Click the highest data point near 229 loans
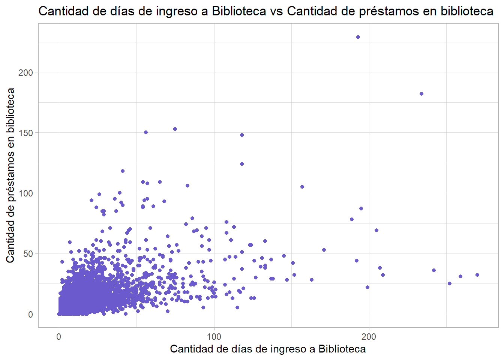click(x=358, y=37)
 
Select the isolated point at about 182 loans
click(x=421, y=94)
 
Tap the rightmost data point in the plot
click(x=477, y=275)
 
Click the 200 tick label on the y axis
click(x=25, y=72)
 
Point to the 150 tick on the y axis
click(x=25, y=133)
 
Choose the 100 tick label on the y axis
click(x=25, y=193)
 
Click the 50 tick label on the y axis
click(x=28, y=254)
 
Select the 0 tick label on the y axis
click(x=30, y=315)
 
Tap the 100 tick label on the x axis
click(x=214, y=337)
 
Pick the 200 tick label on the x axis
click(x=369, y=337)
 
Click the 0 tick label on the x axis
click(x=59, y=337)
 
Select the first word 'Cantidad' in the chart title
click(x=63, y=11)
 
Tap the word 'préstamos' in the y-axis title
click(x=10, y=176)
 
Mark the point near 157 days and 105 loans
click(x=302, y=187)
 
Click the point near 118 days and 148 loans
click(x=242, y=135)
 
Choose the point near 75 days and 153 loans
click(x=175, y=129)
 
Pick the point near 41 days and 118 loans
click(x=123, y=171)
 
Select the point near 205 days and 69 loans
click(x=376, y=230)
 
